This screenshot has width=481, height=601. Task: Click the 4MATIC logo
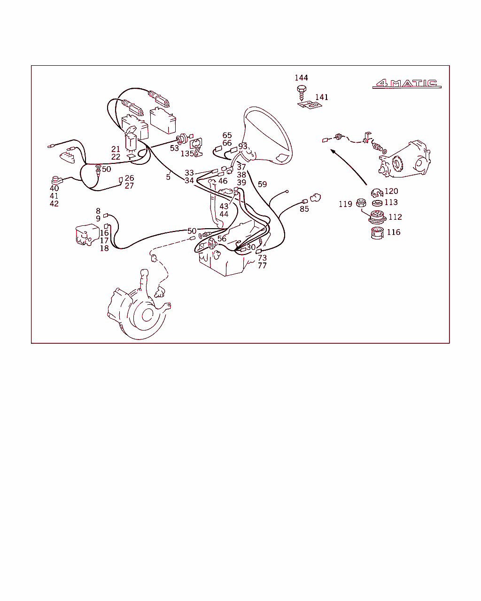click(407, 84)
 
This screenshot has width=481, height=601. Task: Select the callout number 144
click(301, 77)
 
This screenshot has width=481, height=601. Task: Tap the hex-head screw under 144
click(301, 92)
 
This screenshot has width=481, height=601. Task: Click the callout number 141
click(322, 97)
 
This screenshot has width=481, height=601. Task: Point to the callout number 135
click(187, 154)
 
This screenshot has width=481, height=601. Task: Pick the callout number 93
click(242, 146)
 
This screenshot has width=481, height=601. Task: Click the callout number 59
click(262, 185)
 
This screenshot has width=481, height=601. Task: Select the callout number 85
click(304, 209)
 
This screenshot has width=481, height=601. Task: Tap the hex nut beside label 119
click(361, 202)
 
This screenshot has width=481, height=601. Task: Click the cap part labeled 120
click(377, 193)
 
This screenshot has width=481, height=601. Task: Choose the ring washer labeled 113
click(377, 203)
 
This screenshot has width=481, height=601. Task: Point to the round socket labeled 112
click(377, 217)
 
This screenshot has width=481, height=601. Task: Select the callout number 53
click(174, 148)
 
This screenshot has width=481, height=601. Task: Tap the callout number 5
click(168, 177)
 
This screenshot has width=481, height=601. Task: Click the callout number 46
click(223, 181)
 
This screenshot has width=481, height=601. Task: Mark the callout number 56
click(222, 239)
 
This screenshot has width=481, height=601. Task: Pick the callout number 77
click(262, 265)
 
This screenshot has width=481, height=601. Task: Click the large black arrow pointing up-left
click(349, 167)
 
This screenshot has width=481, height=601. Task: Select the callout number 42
click(54, 204)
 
